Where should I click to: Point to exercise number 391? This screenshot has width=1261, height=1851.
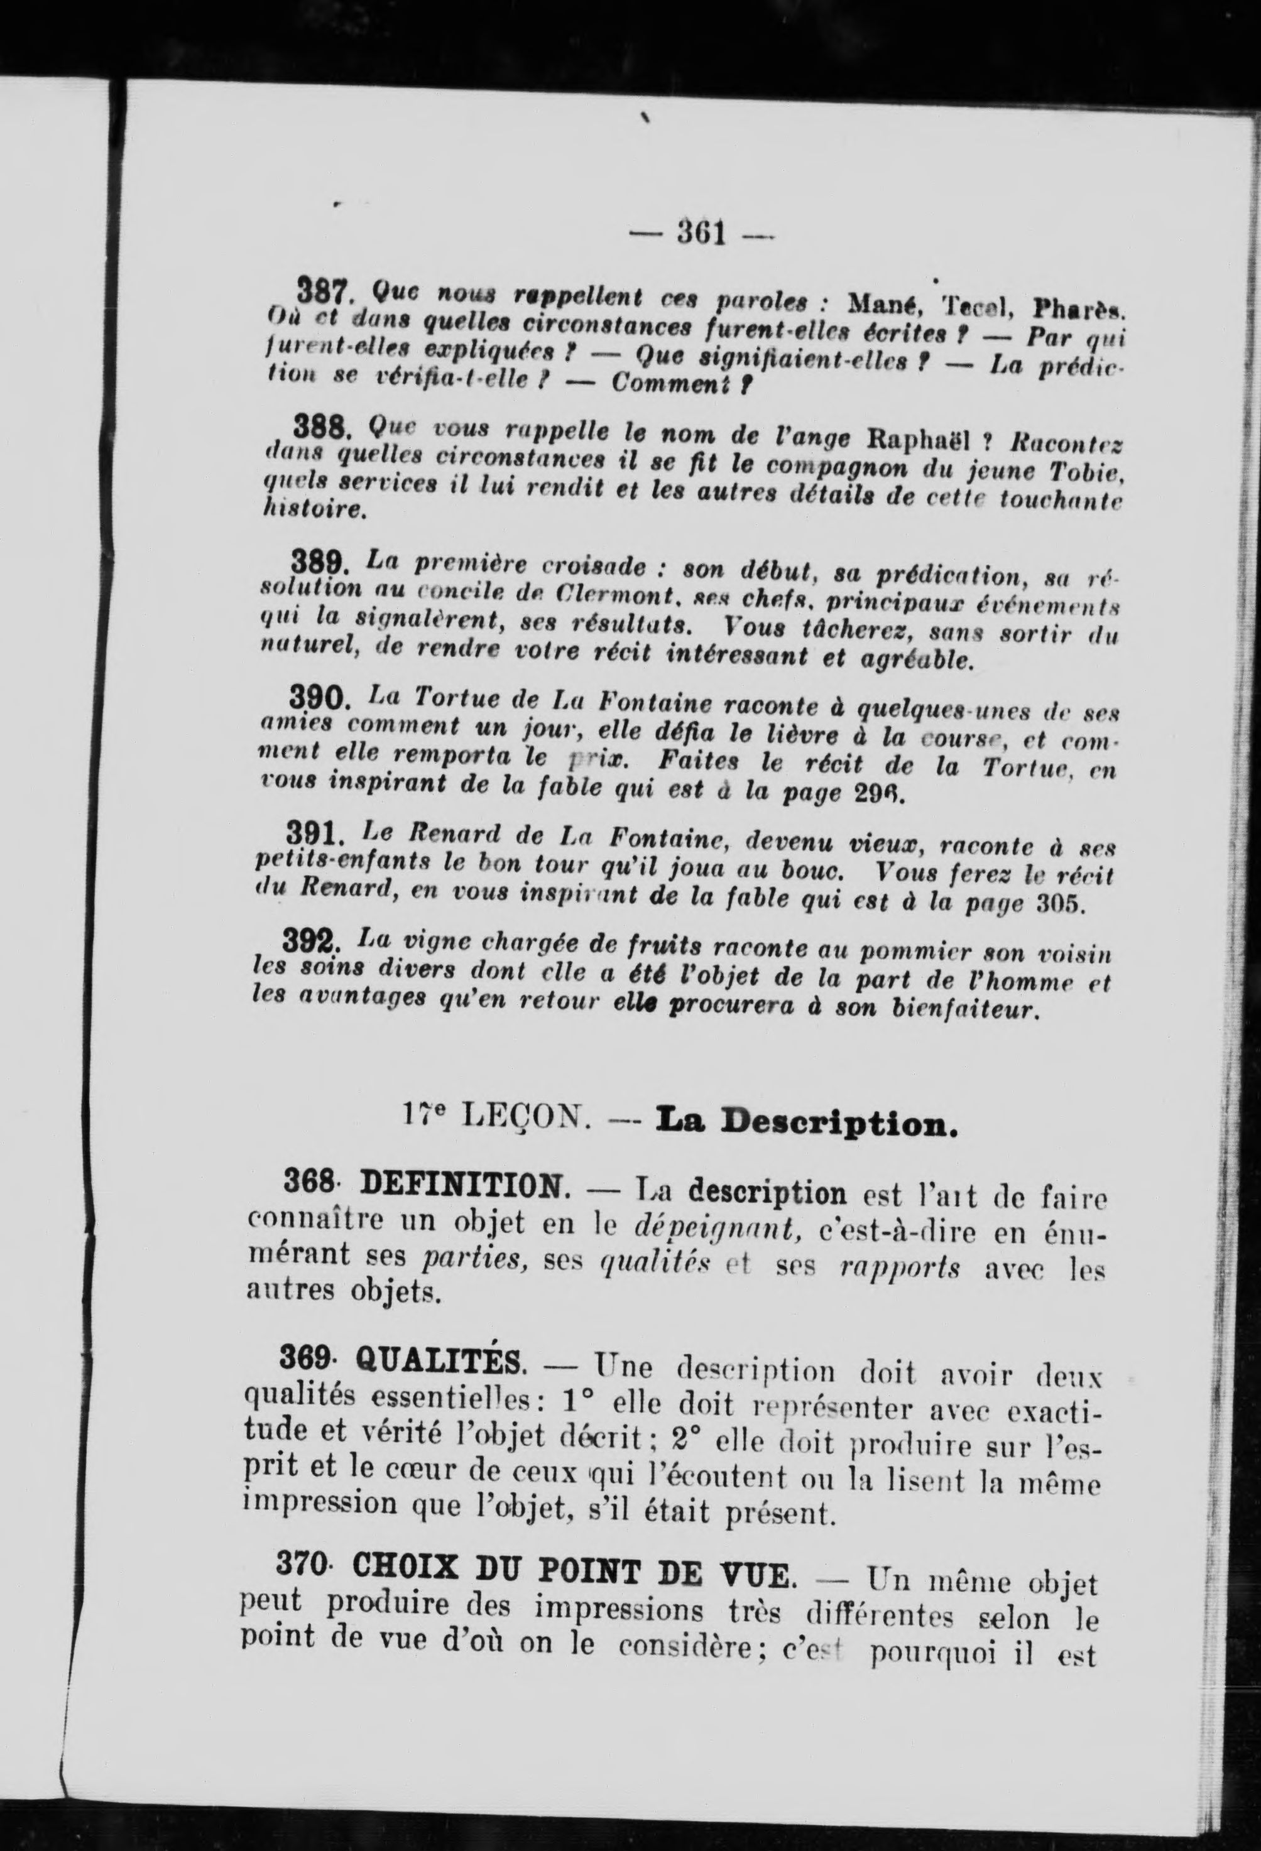point(315,835)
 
